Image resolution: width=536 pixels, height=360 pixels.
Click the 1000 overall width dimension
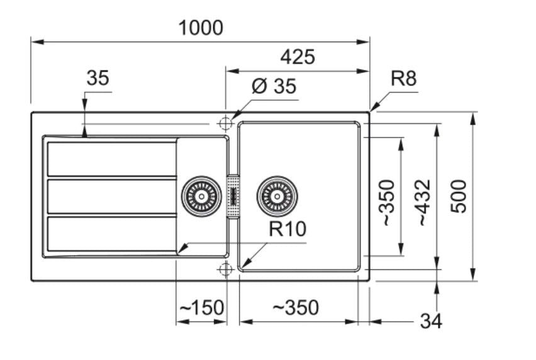(201, 28)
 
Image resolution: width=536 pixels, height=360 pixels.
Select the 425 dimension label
(298, 57)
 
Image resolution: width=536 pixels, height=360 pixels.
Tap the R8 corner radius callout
(404, 78)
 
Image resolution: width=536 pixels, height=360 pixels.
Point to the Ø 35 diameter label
(274, 86)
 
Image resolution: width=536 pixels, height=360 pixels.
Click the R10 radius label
(288, 229)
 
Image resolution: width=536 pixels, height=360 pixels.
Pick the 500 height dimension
(459, 196)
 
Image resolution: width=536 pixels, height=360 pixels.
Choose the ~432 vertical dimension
(424, 203)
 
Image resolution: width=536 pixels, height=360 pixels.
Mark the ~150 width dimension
(202, 307)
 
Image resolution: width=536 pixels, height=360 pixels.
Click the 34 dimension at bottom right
(431, 321)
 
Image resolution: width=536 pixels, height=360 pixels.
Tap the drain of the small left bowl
(202, 196)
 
